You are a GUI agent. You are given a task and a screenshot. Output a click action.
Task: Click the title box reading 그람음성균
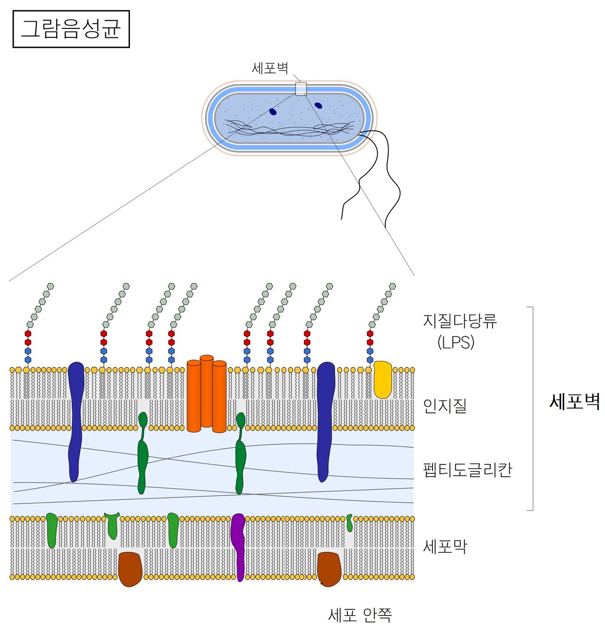(x=71, y=29)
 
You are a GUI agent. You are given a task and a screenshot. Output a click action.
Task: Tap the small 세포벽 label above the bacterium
(x=270, y=68)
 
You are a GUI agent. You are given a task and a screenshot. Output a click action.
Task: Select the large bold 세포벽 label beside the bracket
(x=574, y=402)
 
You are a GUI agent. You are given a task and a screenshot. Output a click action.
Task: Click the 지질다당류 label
(x=459, y=321)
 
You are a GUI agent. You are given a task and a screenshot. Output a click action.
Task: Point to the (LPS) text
(x=456, y=342)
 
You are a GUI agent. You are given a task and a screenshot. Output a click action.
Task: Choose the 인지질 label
(x=445, y=405)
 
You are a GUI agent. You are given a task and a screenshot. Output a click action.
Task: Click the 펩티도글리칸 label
(x=467, y=470)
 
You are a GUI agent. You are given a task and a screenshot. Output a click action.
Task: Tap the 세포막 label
(x=445, y=547)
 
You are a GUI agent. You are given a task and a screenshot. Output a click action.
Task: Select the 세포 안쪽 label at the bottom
(x=360, y=615)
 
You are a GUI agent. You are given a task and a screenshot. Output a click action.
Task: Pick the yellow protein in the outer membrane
(x=382, y=379)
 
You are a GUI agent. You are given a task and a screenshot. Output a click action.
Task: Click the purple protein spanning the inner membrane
(x=238, y=546)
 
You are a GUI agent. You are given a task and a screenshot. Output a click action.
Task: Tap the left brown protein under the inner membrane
(x=130, y=569)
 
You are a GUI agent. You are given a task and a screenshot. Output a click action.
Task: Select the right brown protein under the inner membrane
(x=329, y=569)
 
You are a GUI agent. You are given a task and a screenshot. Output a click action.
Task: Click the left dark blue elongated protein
(x=75, y=420)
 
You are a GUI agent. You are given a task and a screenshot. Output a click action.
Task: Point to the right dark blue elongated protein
(x=325, y=420)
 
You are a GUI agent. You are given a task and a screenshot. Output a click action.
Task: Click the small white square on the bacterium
(x=301, y=89)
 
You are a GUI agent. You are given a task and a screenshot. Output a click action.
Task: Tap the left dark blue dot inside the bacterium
(x=273, y=111)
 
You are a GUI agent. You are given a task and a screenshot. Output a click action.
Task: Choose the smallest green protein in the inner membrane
(x=349, y=522)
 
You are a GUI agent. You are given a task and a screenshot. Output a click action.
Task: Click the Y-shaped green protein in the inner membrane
(x=112, y=525)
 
